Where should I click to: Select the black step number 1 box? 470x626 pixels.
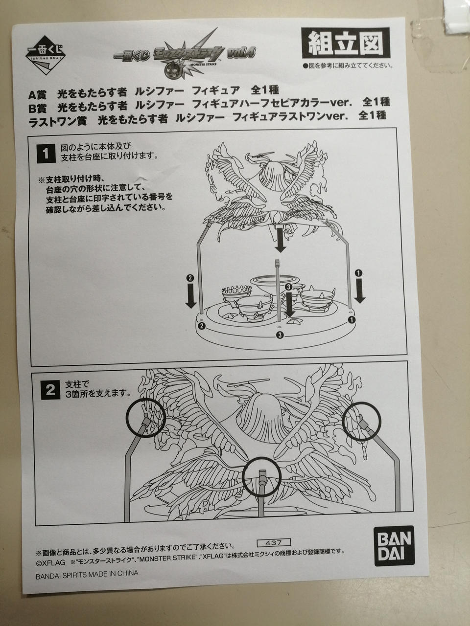pos(46,154)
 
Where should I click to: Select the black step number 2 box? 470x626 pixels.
pos(49,390)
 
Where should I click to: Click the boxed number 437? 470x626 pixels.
pos(273,542)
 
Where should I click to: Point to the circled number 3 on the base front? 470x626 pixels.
pos(279,335)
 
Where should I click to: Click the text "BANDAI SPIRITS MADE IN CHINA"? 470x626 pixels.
pos(87,574)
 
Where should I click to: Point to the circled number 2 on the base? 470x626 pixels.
pos(201,325)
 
